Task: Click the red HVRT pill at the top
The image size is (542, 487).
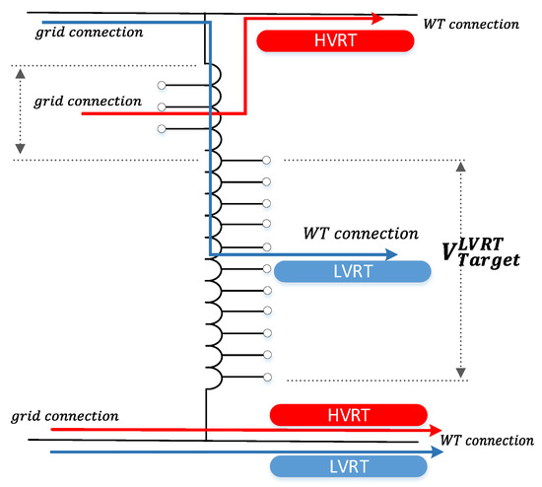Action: [x=334, y=40]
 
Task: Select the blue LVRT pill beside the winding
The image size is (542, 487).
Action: [x=352, y=272]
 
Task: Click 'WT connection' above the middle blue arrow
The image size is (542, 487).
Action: [x=360, y=234]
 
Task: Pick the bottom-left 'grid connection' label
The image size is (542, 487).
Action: [x=64, y=415]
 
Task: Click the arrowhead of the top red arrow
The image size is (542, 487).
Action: [x=378, y=17]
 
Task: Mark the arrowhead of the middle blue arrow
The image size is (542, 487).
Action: [x=392, y=254]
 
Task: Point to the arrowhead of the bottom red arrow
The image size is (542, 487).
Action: [x=436, y=430]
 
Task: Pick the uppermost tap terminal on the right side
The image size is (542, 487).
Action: [x=266, y=160]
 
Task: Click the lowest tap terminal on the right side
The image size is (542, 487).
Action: [x=266, y=377]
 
